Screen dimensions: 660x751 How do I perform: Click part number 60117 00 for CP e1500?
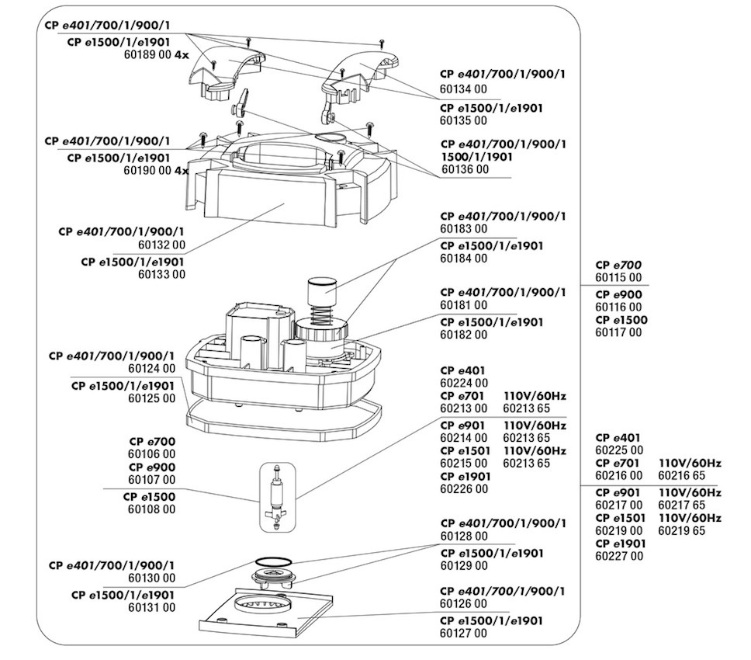(x=618, y=332)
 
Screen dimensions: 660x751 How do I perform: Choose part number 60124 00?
(x=151, y=369)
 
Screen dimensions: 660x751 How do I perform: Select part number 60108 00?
(x=151, y=509)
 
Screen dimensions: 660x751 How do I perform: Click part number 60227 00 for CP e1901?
(x=618, y=556)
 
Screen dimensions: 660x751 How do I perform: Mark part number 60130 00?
(x=151, y=578)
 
